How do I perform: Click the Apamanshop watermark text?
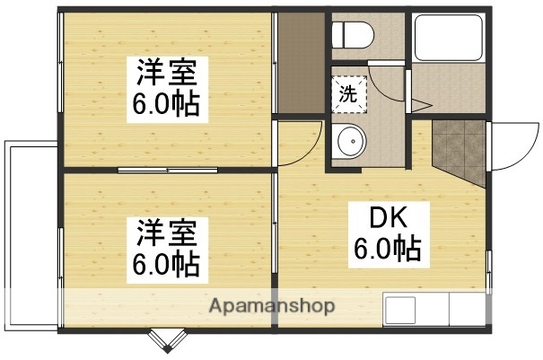click(272, 306)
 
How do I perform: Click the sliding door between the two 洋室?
click(166, 169)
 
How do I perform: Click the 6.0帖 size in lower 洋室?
click(167, 265)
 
